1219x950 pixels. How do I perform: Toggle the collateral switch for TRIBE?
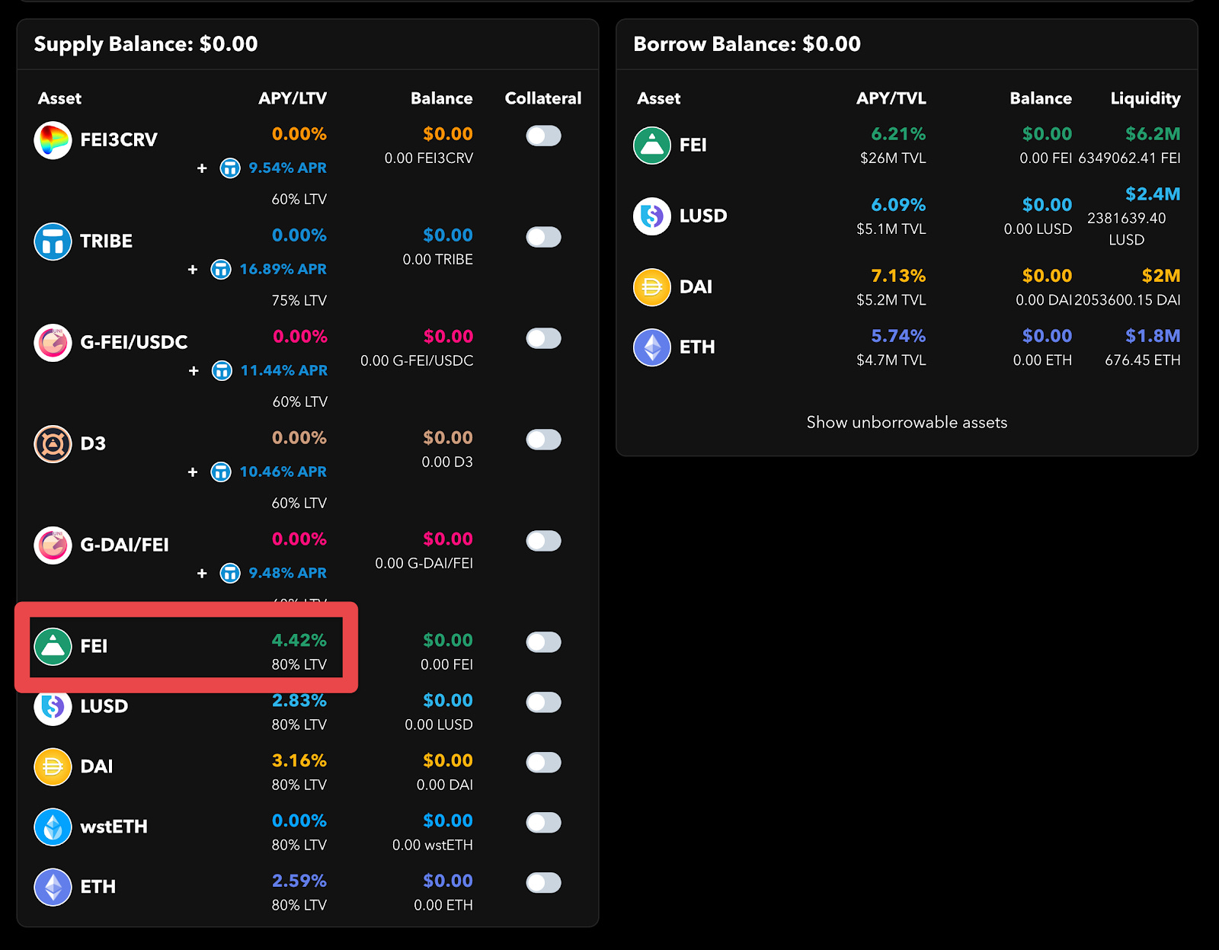tap(543, 237)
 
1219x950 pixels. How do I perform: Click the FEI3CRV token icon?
tap(53, 139)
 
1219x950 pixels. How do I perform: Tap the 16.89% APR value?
tap(283, 269)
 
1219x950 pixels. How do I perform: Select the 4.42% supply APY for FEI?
tap(299, 640)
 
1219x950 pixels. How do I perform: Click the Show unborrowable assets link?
tap(907, 422)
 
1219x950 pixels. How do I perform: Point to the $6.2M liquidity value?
tap(1153, 134)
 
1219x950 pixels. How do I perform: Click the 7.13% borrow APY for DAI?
tap(898, 276)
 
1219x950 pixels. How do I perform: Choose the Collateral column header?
tap(542, 98)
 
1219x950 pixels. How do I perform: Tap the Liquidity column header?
tap(1145, 98)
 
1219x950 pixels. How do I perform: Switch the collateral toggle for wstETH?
tap(543, 823)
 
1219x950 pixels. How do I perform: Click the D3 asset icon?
tap(53, 443)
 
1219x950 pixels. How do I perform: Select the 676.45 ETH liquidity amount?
tap(1142, 360)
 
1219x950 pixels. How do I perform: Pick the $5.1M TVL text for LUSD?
tap(891, 229)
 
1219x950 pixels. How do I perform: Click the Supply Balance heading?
tap(146, 44)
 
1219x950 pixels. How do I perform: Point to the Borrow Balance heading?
tap(747, 44)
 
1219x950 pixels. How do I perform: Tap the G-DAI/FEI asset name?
tap(124, 545)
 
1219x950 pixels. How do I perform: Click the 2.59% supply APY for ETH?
tap(299, 881)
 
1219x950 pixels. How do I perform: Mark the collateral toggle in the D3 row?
tap(543, 440)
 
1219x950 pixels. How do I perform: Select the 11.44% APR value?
tap(283, 370)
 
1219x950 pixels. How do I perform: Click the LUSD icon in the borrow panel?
tap(652, 216)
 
